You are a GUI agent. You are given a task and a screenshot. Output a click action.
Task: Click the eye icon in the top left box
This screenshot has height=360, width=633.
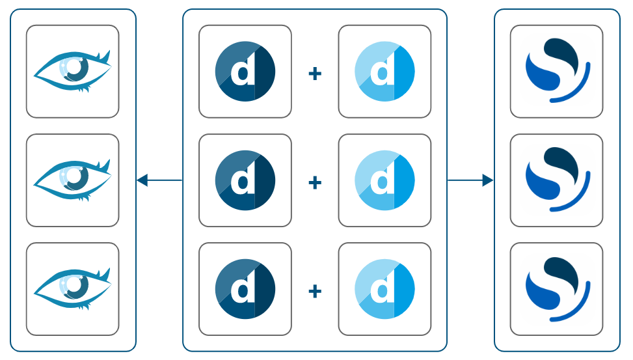[x=72, y=71]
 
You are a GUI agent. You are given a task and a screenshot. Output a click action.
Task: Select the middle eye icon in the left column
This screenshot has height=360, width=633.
[x=72, y=180]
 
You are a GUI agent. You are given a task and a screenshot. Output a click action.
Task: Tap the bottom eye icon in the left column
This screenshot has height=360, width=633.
[x=72, y=288]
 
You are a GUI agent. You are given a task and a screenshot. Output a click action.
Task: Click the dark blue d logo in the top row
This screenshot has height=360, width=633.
[x=245, y=72]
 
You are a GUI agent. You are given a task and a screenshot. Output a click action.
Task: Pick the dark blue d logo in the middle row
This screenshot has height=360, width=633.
[x=245, y=180]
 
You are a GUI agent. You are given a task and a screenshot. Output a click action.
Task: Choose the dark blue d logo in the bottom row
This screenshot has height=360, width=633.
[x=245, y=289]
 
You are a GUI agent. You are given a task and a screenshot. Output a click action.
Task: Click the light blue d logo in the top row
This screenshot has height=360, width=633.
[x=384, y=72]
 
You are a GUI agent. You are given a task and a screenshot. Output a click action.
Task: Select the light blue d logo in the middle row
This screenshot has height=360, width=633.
[x=384, y=180]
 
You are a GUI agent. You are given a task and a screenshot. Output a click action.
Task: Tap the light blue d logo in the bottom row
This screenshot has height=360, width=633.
[x=384, y=289]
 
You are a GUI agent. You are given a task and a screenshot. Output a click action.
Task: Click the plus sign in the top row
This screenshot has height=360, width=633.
[x=315, y=74]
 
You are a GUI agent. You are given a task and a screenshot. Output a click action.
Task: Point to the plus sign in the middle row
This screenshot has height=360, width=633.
[x=315, y=182]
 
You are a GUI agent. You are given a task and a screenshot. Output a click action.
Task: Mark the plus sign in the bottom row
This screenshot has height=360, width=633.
[x=315, y=291]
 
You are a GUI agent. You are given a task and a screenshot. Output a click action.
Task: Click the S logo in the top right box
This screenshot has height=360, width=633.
[x=556, y=70]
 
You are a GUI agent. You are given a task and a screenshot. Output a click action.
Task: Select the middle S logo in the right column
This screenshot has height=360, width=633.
[x=556, y=179]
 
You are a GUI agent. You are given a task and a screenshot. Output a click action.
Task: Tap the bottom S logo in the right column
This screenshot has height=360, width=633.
[x=556, y=288]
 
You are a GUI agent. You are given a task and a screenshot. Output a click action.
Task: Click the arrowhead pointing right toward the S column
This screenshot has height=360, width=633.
[x=487, y=180]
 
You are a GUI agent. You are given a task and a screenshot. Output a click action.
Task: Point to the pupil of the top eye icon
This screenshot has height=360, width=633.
[x=75, y=66]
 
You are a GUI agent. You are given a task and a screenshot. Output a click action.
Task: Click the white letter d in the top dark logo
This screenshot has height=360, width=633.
[x=243, y=72]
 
